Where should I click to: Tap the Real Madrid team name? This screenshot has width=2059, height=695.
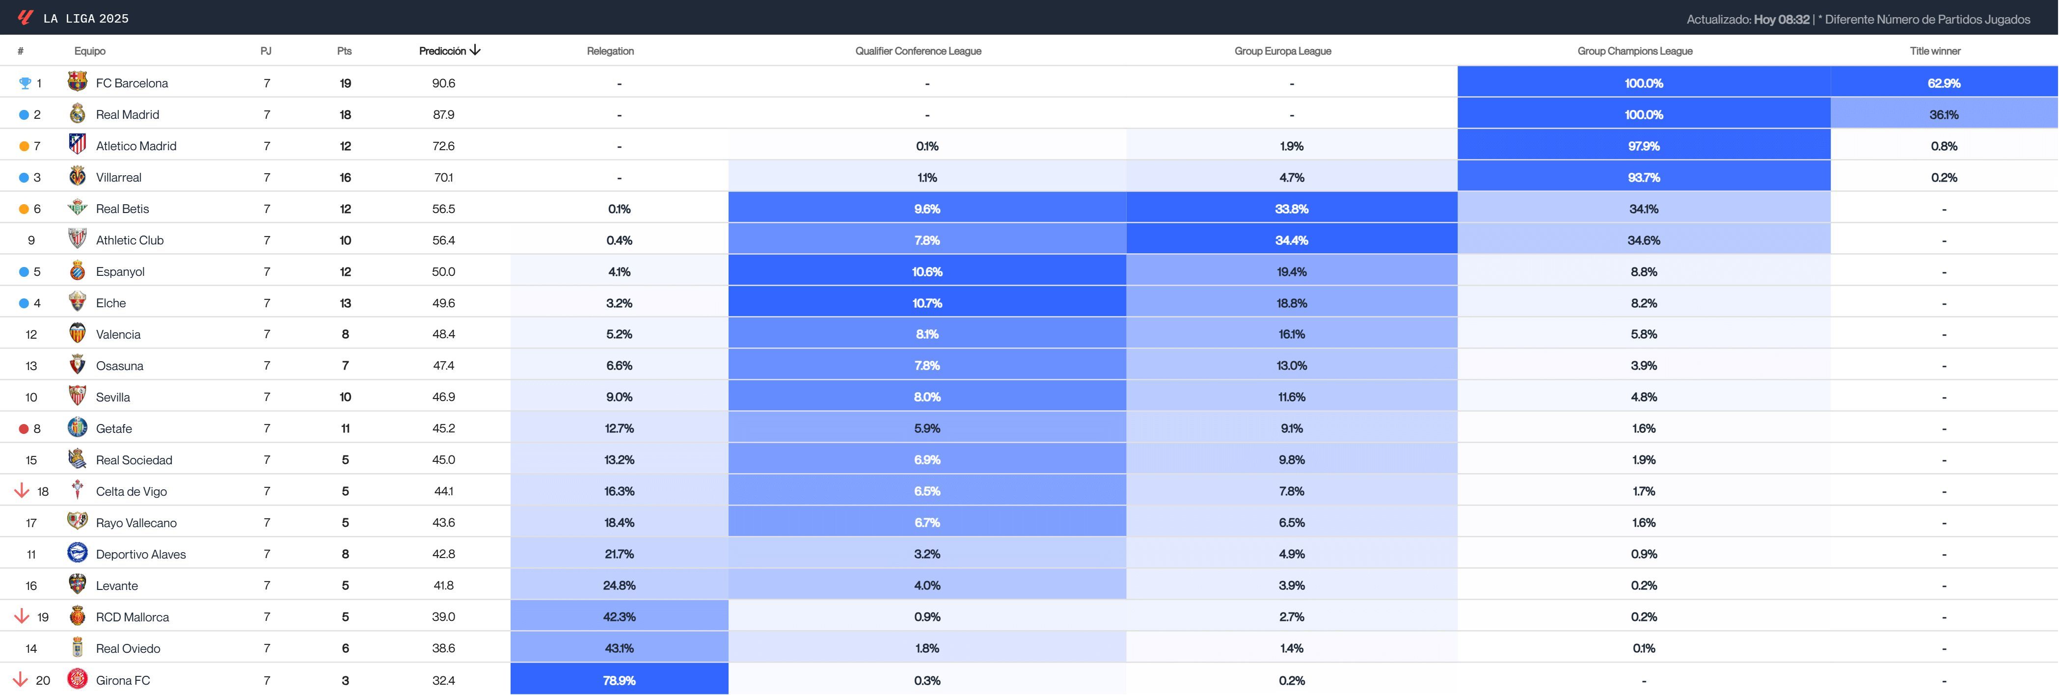(127, 114)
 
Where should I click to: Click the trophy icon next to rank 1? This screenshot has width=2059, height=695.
(25, 83)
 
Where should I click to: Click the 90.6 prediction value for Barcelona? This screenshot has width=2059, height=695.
(444, 83)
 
